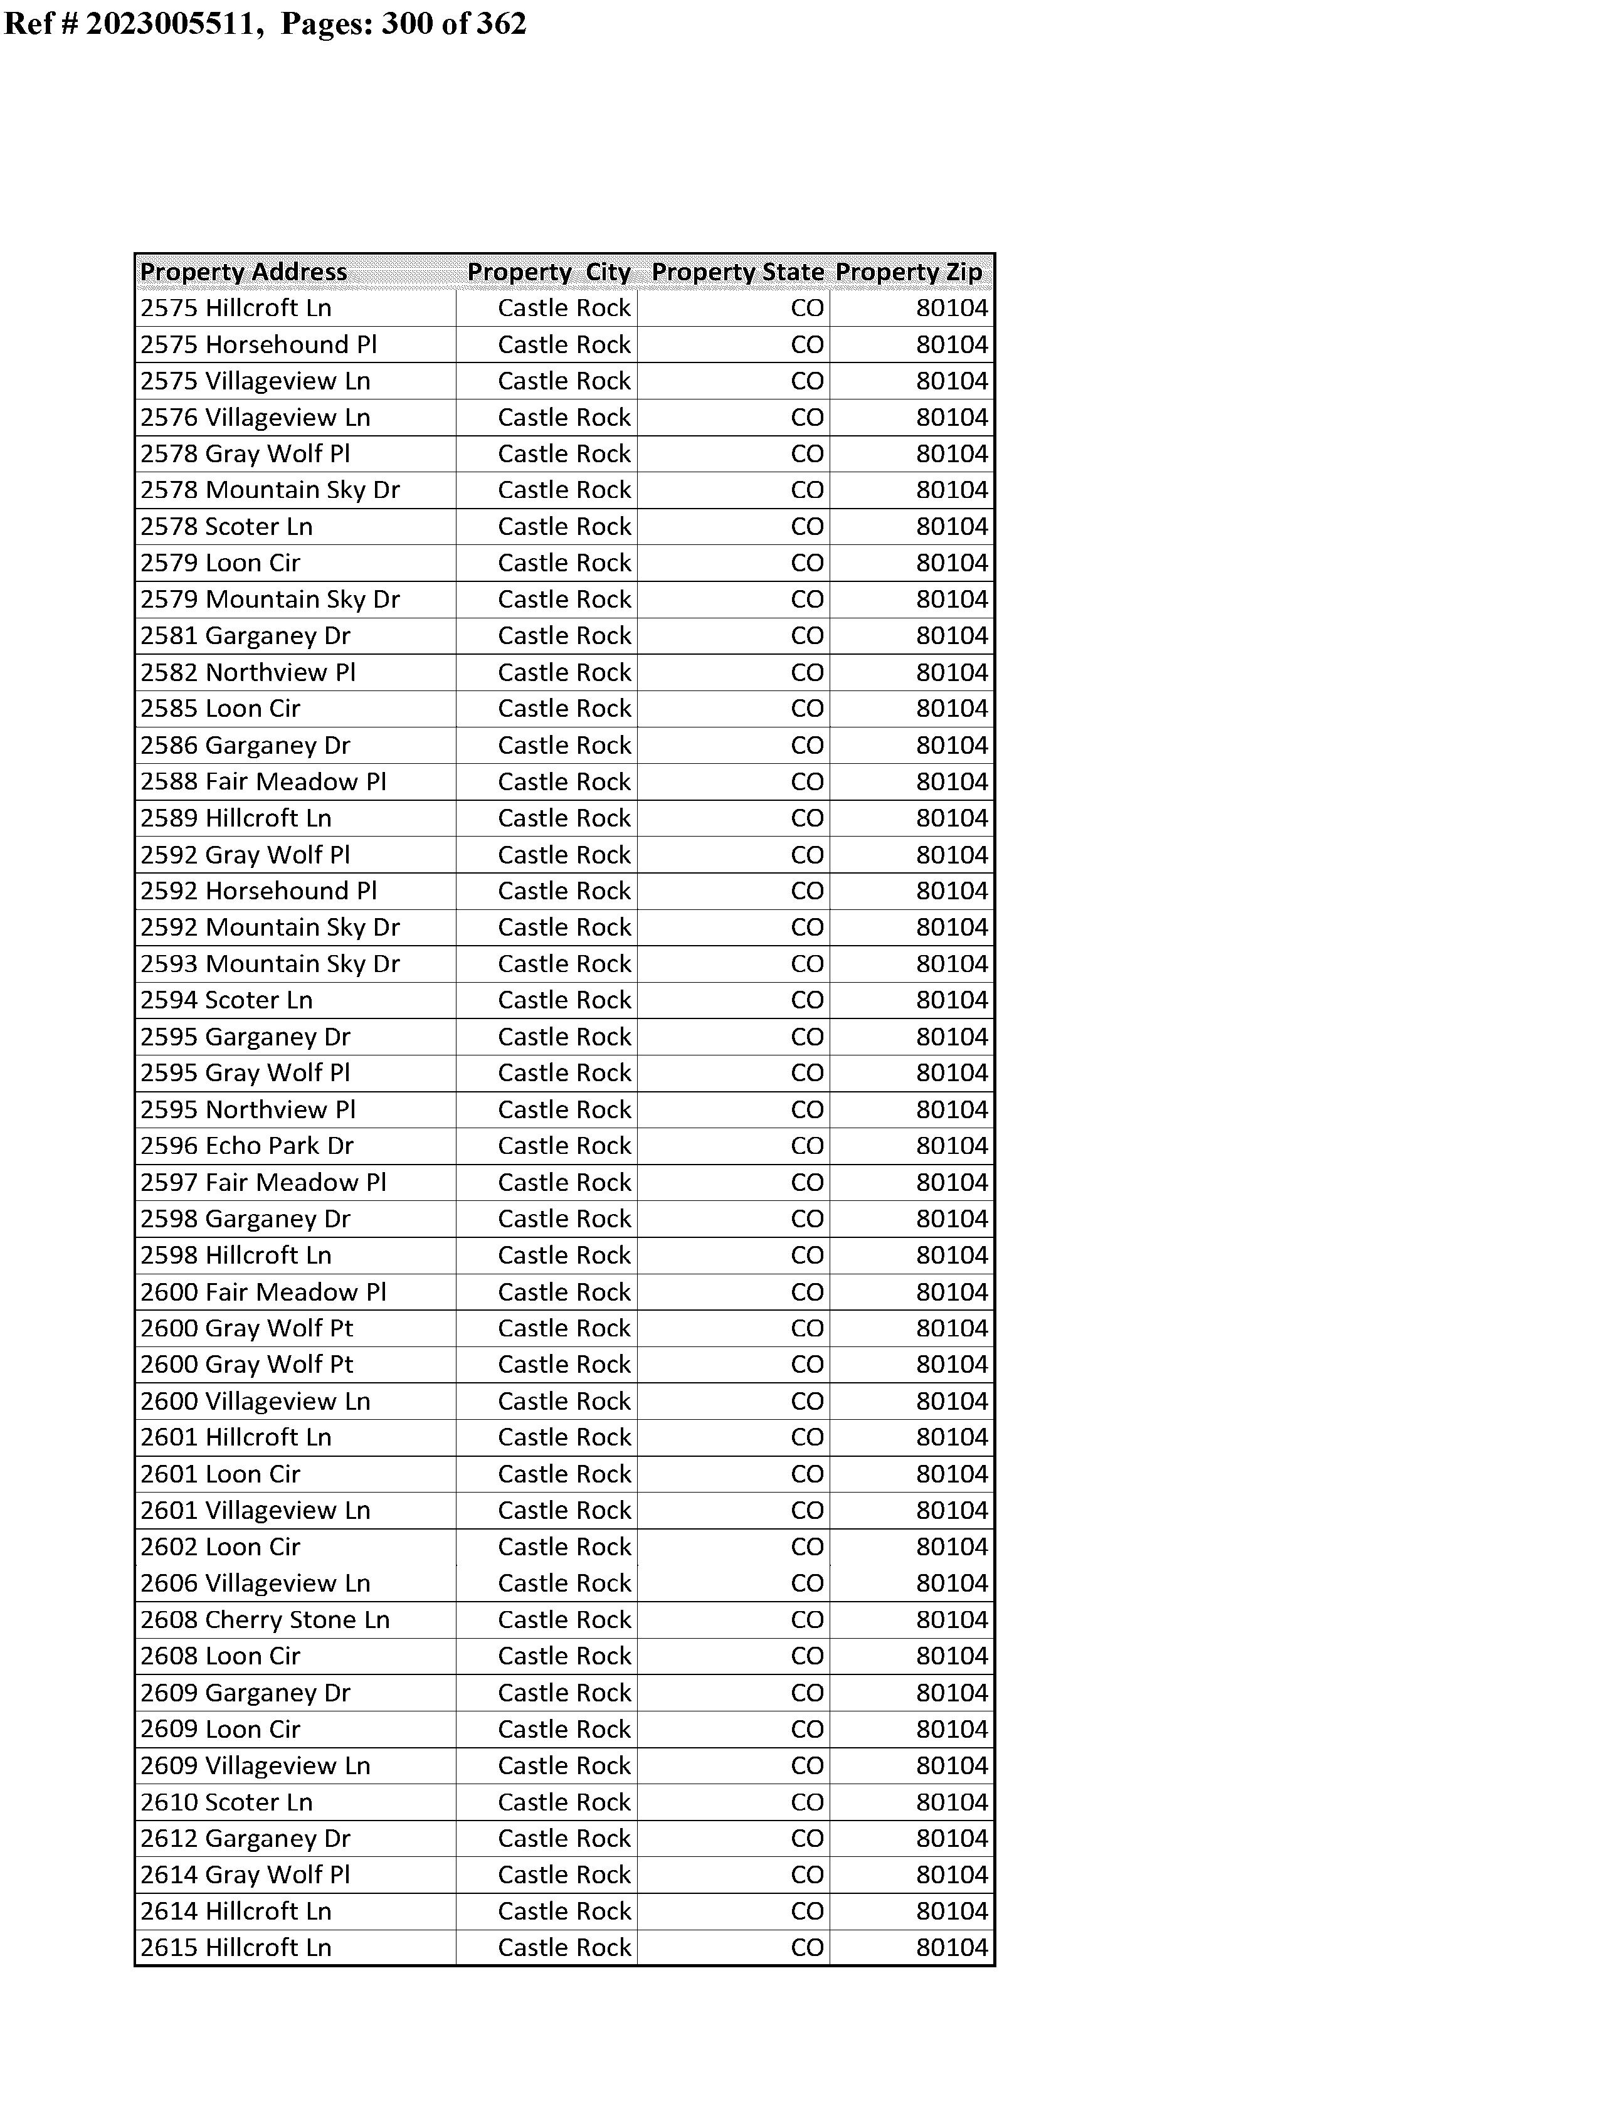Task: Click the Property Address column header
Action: click(x=244, y=272)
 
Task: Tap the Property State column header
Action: click(x=737, y=272)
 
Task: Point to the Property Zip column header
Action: click(x=909, y=272)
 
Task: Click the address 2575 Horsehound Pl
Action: click(x=259, y=344)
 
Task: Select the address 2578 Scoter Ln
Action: click(x=226, y=526)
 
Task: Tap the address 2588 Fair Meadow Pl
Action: click(x=263, y=781)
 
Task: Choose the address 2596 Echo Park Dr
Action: click(x=248, y=1146)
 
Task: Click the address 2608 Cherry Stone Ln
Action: click(x=265, y=1620)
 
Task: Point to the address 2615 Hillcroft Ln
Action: click(x=236, y=1948)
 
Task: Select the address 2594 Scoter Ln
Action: click(x=226, y=1000)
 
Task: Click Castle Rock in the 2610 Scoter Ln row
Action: click(x=564, y=1802)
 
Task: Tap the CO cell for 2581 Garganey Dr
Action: click(x=807, y=636)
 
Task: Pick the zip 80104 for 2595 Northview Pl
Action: click(x=952, y=1109)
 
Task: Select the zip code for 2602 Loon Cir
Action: click(x=952, y=1547)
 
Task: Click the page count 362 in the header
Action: click(x=502, y=23)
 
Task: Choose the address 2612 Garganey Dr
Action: click(x=246, y=1839)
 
